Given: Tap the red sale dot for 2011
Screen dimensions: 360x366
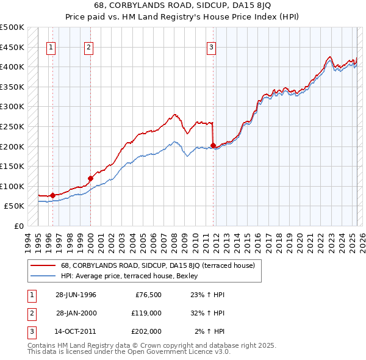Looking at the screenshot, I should (213, 145).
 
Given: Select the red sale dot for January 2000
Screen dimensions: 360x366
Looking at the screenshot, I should (90, 178).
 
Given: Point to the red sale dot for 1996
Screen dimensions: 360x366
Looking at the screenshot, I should (53, 195).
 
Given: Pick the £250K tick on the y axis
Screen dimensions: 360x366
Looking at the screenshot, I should (13, 127).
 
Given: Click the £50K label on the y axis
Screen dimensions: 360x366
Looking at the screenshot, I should (15, 206).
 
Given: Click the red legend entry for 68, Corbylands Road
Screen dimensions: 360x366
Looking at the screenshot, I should (161, 265).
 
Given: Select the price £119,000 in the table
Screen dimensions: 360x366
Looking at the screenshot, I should (146, 314).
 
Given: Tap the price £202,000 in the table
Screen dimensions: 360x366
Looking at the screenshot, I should (146, 332).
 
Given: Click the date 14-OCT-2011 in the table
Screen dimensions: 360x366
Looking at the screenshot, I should (76, 332).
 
